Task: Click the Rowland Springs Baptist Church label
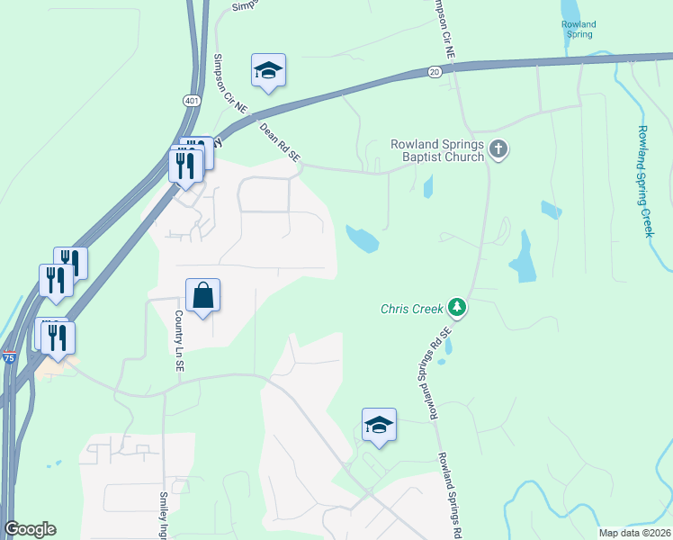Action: point(437,150)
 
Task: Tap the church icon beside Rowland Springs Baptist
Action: point(500,149)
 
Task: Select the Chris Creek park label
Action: point(412,309)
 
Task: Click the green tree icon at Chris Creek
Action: point(458,309)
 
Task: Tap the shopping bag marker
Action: point(203,294)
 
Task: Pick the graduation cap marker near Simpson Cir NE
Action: point(268,69)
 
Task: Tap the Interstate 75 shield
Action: point(9,357)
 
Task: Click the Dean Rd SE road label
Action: point(279,143)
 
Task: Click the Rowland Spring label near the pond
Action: point(578,30)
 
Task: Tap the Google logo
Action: point(30,529)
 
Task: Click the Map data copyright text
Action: point(634,532)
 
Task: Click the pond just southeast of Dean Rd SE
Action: point(362,238)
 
